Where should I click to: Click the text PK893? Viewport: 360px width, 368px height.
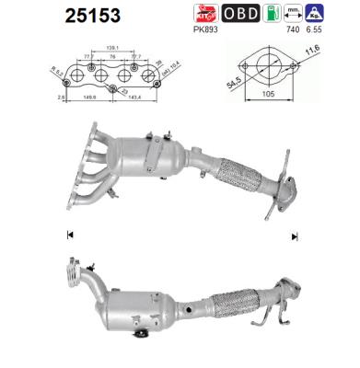pyautogui.click(x=208, y=29)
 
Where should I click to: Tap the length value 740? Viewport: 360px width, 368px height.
pyautogui.click(x=294, y=29)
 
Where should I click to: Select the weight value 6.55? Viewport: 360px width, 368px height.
pyautogui.click(x=319, y=29)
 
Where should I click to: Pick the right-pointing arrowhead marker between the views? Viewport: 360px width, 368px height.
pyautogui.click(x=294, y=236)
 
